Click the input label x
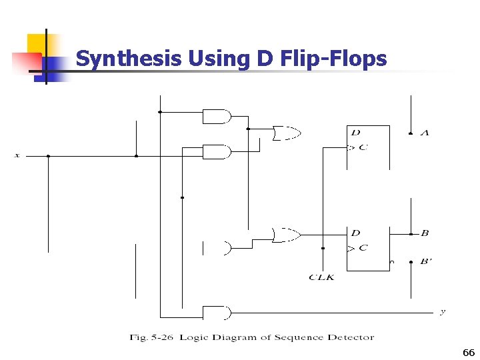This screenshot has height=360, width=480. click(17, 156)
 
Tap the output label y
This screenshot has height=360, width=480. click(443, 312)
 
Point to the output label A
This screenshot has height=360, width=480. click(425, 133)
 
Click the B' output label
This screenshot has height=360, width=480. click(426, 261)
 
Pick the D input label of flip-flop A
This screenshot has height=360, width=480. click(355, 133)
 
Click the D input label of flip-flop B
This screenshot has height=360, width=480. click(355, 233)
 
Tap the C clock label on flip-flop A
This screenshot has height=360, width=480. click(363, 147)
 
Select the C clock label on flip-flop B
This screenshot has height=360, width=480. click(363, 248)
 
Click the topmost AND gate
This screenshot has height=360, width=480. click(216, 117)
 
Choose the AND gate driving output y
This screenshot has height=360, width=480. click(216, 313)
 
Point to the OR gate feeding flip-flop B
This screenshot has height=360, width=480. click(285, 234)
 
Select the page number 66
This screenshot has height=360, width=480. click(468, 353)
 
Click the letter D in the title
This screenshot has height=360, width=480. click(262, 59)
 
